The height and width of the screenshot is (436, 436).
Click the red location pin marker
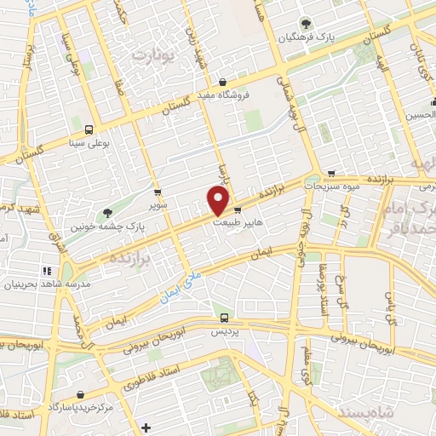coord(219,200)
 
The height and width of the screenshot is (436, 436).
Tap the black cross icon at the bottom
coord(146,427)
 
